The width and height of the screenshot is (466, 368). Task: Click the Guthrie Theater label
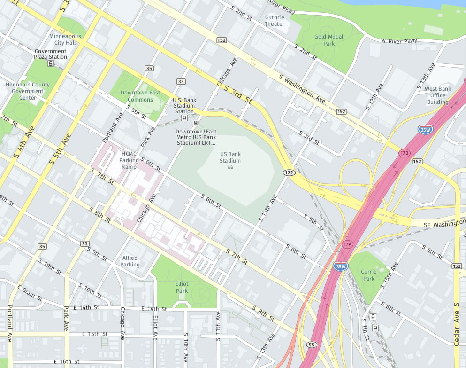tap(275, 21)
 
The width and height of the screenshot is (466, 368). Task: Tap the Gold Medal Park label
tap(329, 40)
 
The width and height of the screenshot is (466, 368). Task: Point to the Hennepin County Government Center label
tap(27, 91)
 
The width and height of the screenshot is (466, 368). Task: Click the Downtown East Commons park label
tap(140, 96)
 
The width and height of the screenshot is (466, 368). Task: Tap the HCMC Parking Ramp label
tap(129, 160)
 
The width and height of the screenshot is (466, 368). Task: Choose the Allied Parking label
tap(130, 261)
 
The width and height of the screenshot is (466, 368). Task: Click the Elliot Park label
tap(182, 287)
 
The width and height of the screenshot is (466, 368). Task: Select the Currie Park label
tap(369, 275)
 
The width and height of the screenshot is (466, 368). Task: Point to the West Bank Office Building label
tap(437, 95)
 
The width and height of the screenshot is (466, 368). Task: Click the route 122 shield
tap(289, 173)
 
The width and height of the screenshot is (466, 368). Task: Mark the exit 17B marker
tap(405, 153)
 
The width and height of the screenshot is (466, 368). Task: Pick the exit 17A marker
tap(347, 244)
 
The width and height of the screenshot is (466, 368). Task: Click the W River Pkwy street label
tap(399, 41)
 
